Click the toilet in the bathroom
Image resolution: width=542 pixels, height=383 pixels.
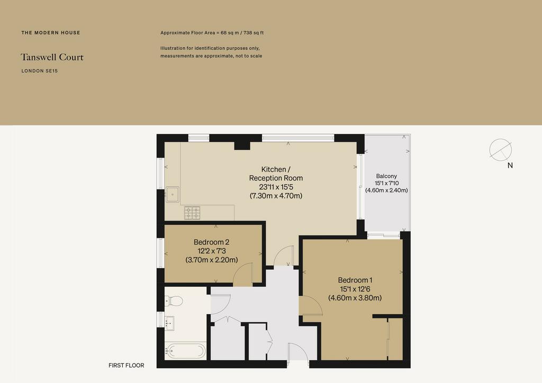tap(174, 301)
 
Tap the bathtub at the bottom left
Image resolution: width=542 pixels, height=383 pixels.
tap(185, 351)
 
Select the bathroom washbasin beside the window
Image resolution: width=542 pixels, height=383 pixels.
tap(170, 323)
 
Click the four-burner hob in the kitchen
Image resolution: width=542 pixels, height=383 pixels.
tap(192, 213)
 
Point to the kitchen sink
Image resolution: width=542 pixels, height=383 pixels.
tap(172, 194)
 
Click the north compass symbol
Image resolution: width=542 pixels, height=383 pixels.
tap(500, 150)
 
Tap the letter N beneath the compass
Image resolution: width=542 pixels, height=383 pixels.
tap(510, 166)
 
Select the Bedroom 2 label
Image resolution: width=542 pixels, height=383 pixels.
tap(211, 242)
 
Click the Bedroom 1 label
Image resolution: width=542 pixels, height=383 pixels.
tap(355, 280)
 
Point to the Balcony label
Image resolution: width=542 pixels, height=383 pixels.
tap(386, 176)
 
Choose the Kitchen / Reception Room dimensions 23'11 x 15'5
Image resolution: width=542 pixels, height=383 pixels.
tap(276, 187)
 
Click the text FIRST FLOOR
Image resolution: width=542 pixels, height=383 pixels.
tap(126, 366)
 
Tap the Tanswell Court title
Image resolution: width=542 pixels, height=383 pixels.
tap(52, 57)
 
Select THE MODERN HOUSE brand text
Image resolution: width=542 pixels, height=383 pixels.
tap(51, 33)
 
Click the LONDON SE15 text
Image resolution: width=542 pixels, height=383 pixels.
tap(39, 71)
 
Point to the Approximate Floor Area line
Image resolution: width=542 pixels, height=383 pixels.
tap(212, 33)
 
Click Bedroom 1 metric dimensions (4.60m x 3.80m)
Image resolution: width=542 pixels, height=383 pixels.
tap(355, 298)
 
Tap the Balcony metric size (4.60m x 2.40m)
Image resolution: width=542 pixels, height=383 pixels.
tap(386, 190)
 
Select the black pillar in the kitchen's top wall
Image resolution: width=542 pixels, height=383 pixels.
tap(242, 145)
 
